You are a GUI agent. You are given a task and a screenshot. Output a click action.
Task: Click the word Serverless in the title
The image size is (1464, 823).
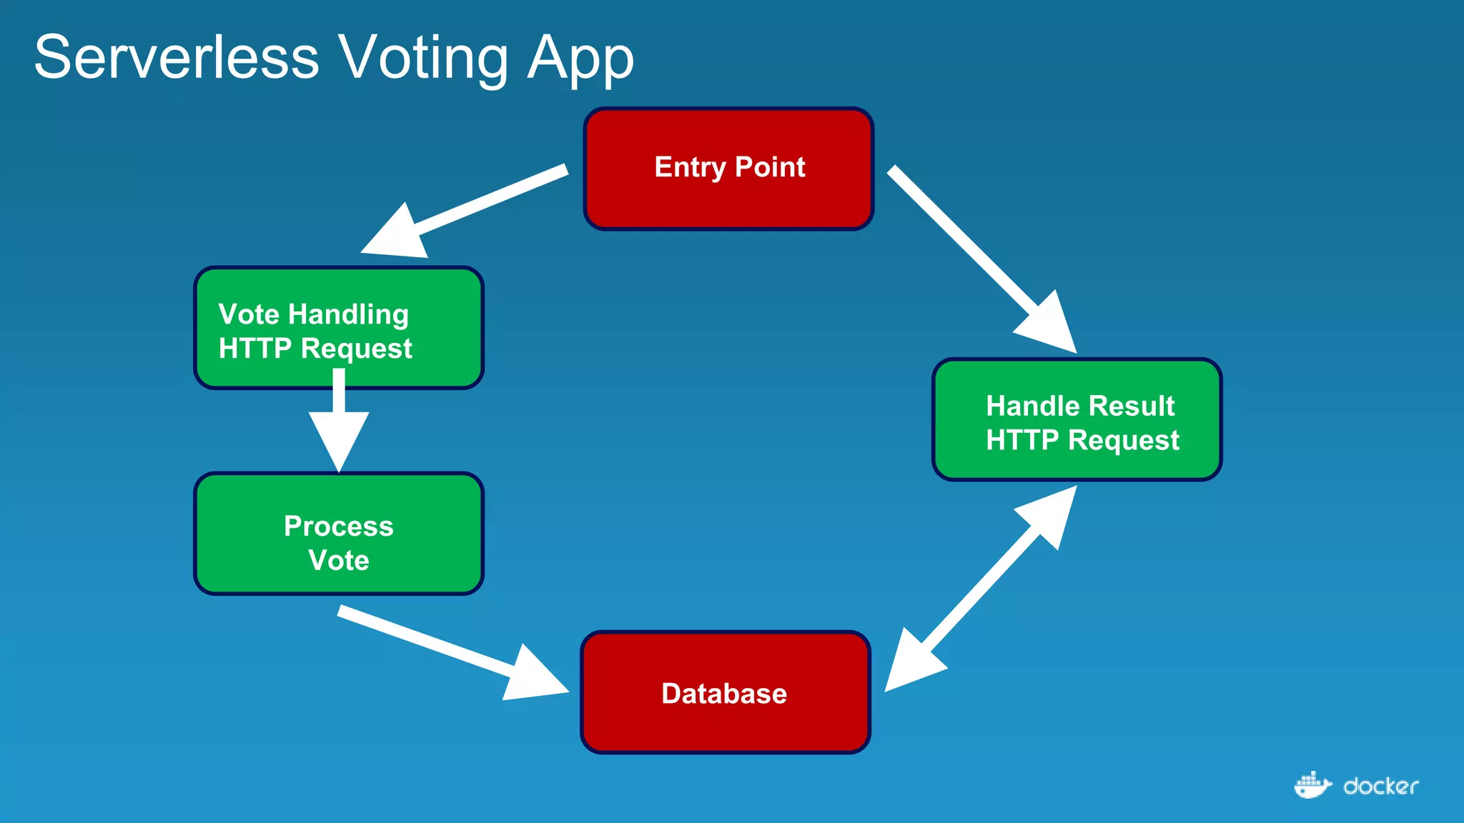(x=177, y=57)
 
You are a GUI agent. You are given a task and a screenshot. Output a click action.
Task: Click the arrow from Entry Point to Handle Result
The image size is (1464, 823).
(x=979, y=257)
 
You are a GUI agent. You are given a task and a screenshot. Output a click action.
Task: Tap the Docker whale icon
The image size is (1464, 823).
(x=1312, y=786)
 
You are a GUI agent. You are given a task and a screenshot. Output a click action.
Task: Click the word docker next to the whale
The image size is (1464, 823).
(x=1380, y=787)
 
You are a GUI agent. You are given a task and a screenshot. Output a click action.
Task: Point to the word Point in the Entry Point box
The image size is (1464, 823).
(x=769, y=167)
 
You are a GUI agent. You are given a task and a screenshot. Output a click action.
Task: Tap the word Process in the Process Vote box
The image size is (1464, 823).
(x=338, y=526)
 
